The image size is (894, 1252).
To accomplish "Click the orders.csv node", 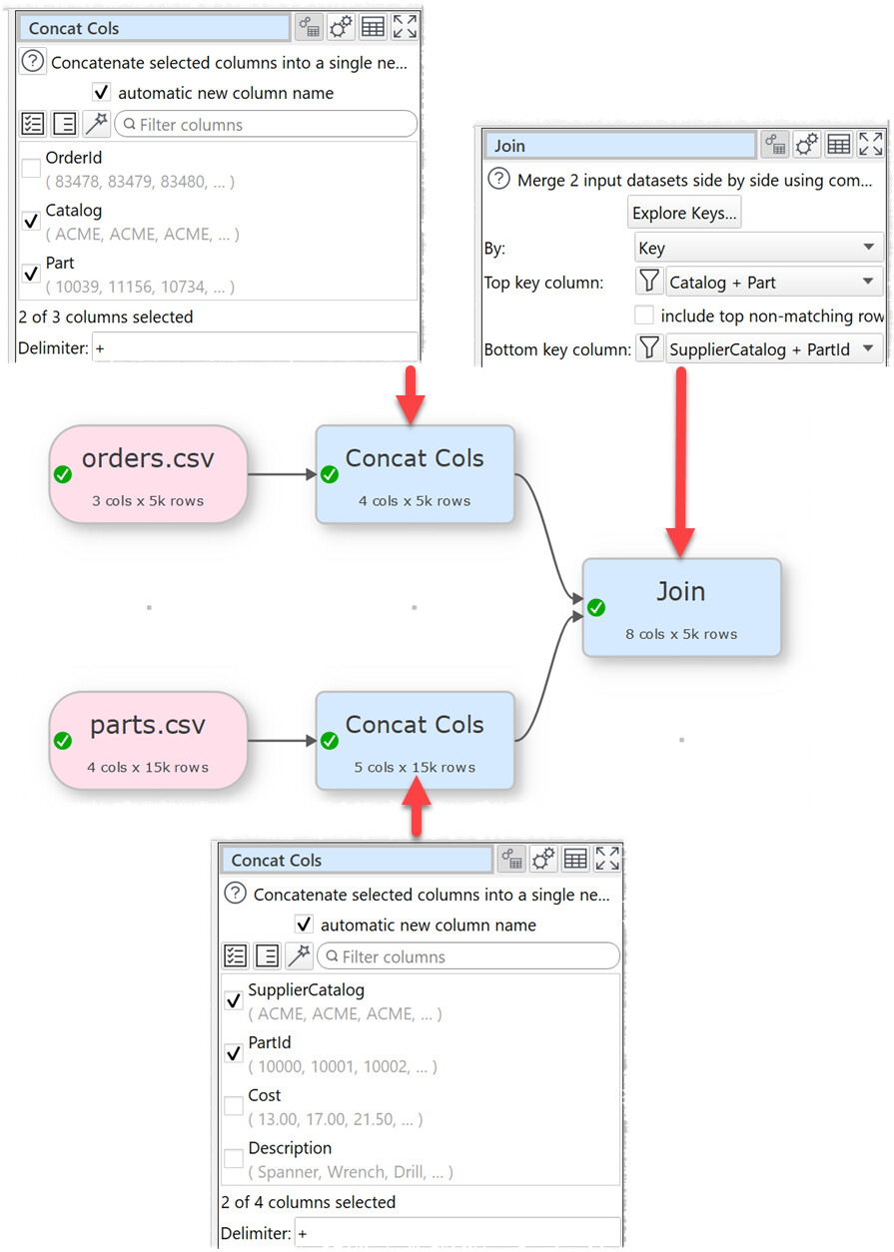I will point(148,473).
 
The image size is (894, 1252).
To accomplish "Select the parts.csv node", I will point(148,739).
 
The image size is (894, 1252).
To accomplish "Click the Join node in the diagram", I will point(681,606).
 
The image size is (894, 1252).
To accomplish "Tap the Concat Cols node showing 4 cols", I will point(415,473).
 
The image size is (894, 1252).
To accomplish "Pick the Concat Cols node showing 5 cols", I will point(415,739).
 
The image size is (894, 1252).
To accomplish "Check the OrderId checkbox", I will point(32,169).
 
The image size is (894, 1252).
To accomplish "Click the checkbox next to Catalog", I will point(32,222).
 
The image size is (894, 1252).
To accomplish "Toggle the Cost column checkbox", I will point(234,1106).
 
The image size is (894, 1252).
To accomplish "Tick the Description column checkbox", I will point(234,1159).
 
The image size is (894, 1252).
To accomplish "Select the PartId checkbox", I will point(234,1053).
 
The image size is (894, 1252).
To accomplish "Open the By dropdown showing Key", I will point(758,249).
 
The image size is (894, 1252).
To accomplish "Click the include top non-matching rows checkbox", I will point(644,315).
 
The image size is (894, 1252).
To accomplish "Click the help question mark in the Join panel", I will point(498,181).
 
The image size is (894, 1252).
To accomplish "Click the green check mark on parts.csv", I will point(63,741).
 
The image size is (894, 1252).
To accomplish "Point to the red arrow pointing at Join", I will point(681,459).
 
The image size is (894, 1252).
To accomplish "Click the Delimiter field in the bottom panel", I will point(455,1234).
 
